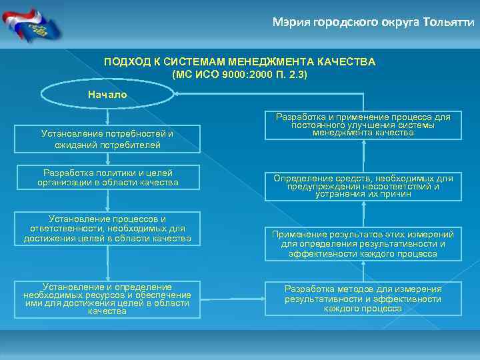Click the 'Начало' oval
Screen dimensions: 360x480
107,95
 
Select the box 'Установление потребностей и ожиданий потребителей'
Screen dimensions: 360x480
107,139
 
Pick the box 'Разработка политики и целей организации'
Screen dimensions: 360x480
107,177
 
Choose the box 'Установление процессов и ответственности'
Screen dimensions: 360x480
107,229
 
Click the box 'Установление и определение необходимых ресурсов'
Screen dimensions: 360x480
107,298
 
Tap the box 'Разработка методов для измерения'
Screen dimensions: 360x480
363,298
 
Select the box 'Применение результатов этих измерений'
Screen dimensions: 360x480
363,244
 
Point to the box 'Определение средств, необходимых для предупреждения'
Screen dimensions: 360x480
363,187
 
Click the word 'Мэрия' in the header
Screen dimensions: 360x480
289,22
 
